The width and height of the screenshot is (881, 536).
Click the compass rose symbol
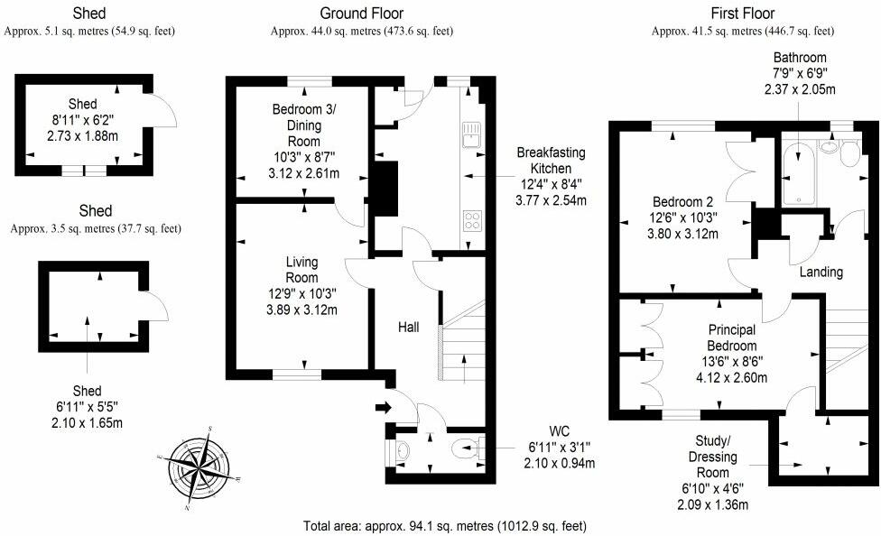point(200,468)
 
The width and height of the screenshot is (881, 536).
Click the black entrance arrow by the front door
point(384,408)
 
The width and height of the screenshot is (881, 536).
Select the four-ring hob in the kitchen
point(472,220)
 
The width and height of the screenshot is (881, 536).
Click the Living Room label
point(301,270)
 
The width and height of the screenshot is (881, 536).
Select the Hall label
point(409,327)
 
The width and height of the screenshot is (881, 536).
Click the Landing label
point(821,273)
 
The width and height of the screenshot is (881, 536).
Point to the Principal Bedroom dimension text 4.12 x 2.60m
point(731,378)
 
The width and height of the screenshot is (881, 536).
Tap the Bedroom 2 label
point(682,202)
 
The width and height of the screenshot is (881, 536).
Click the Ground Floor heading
point(362,13)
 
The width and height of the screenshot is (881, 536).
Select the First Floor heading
point(743,13)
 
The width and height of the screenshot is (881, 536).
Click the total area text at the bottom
point(445,526)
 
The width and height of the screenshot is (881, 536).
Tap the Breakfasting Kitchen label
point(551,161)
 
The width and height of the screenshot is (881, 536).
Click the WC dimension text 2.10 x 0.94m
point(560,463)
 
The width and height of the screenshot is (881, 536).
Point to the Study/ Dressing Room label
point(713,457)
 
